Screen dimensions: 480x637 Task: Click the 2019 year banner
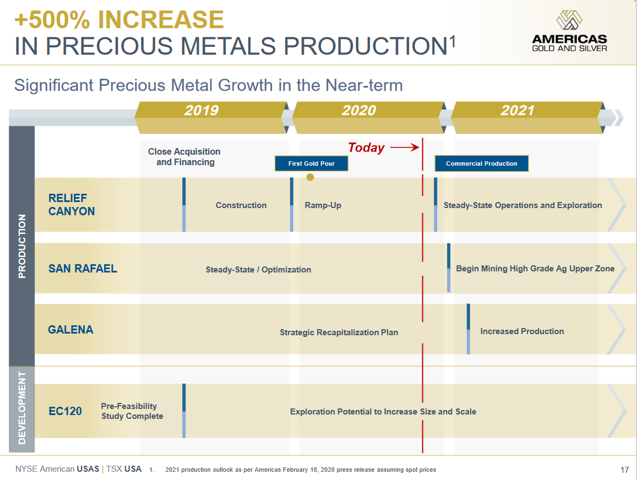[202, 111]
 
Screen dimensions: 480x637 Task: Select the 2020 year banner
[359, 111]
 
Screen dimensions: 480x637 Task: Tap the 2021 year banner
[518, 111]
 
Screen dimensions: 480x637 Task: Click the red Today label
[366, 148]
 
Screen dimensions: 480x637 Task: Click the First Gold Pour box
[312, 163]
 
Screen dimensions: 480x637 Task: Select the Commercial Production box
[481, 163]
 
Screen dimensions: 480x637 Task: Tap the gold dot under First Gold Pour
[310, 177]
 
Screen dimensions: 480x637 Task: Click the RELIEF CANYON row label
[72, 205]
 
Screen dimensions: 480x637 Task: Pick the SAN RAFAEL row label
[83, 269]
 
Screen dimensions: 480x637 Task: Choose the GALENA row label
[70, 330]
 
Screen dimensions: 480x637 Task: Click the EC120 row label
[65, 411]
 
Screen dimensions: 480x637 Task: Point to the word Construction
[241, 205]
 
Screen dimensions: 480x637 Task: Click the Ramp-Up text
[323, 205]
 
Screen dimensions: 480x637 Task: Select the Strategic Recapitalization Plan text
[339, 332]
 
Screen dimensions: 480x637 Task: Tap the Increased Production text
[522, 331]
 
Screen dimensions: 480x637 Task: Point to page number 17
[624, 470]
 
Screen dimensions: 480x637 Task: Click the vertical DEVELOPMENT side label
[22, 407]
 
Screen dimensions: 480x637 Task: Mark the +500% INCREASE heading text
[119, 20]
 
